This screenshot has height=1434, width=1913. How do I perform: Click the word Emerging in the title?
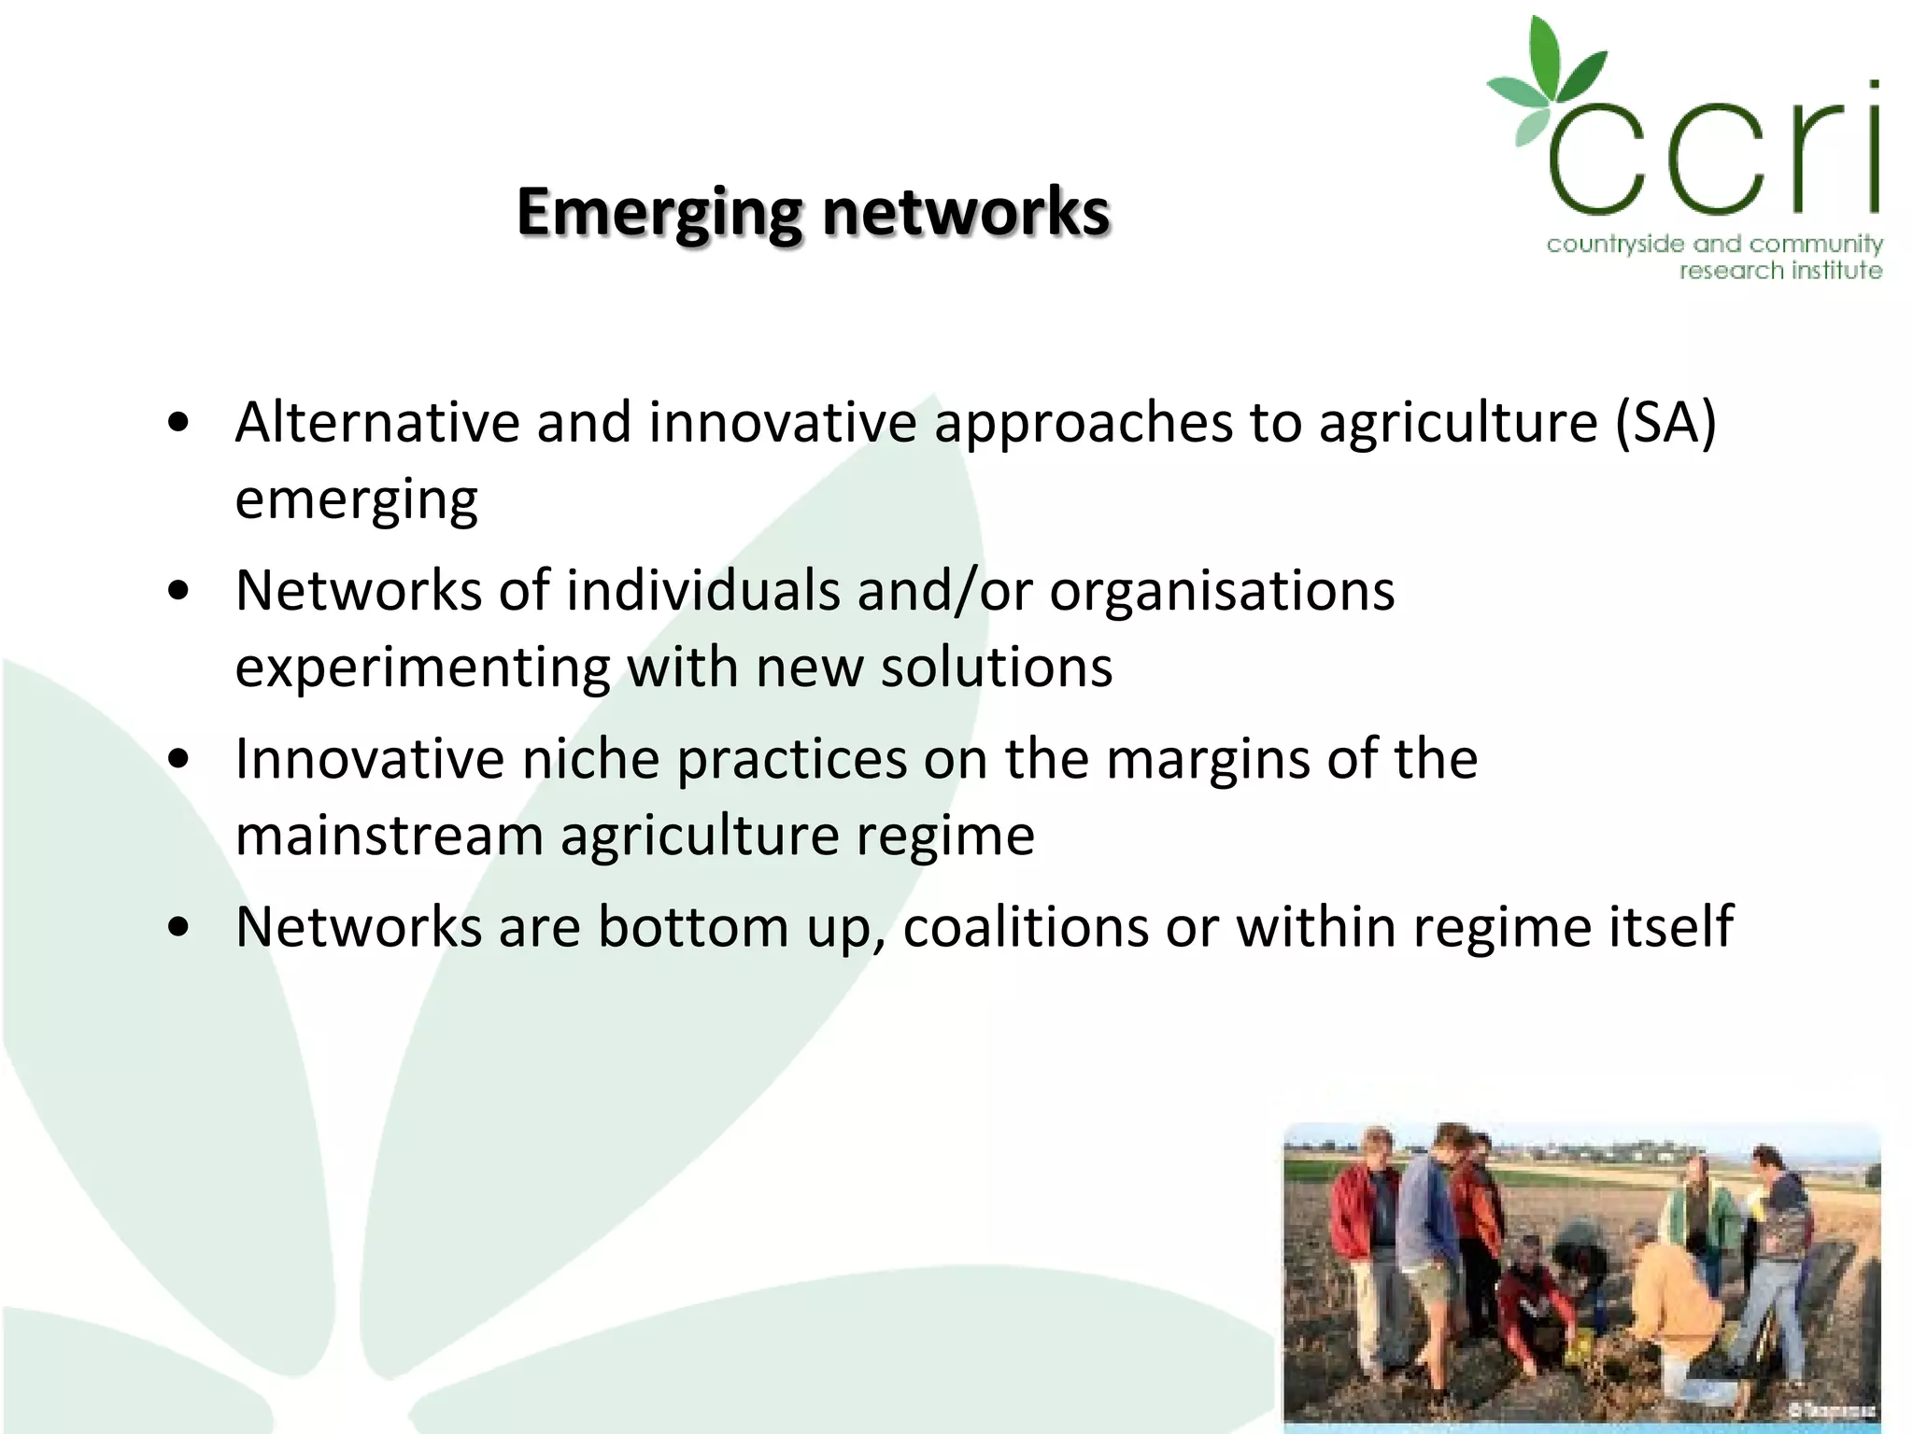659,213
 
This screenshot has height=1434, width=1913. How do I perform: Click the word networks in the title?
966,213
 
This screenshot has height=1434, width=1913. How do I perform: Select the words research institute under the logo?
1779,271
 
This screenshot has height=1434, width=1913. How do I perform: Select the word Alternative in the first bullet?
376,422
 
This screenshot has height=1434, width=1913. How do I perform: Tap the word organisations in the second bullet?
1222,591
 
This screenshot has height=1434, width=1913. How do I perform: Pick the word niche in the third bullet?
590,758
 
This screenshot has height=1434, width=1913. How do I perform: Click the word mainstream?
390,835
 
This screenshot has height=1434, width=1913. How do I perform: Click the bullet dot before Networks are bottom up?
179,928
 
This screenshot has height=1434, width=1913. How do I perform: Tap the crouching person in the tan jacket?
1672,1307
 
